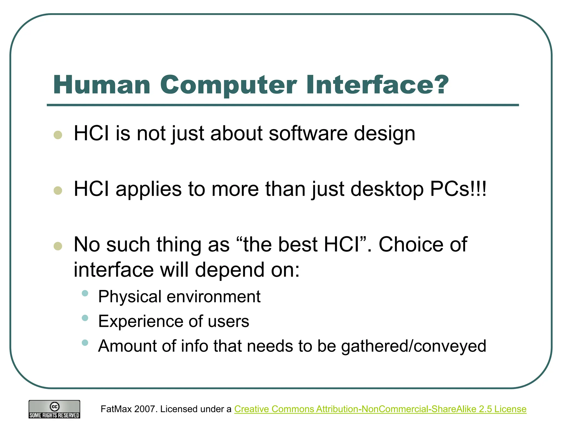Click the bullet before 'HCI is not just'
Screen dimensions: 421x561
coord(58,135)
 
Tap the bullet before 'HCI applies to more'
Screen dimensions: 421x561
coord(58,190)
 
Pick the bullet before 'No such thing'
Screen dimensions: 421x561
coord(58,246)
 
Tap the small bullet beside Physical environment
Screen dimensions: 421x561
coord(85,293)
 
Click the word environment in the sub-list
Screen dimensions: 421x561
coord(213,297)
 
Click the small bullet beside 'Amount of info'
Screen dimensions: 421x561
coord(85,343)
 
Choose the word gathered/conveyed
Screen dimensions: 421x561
coord(413,346)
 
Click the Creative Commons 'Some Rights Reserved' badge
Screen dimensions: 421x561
coord(54,409)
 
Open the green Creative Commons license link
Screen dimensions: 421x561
coord(380,409)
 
